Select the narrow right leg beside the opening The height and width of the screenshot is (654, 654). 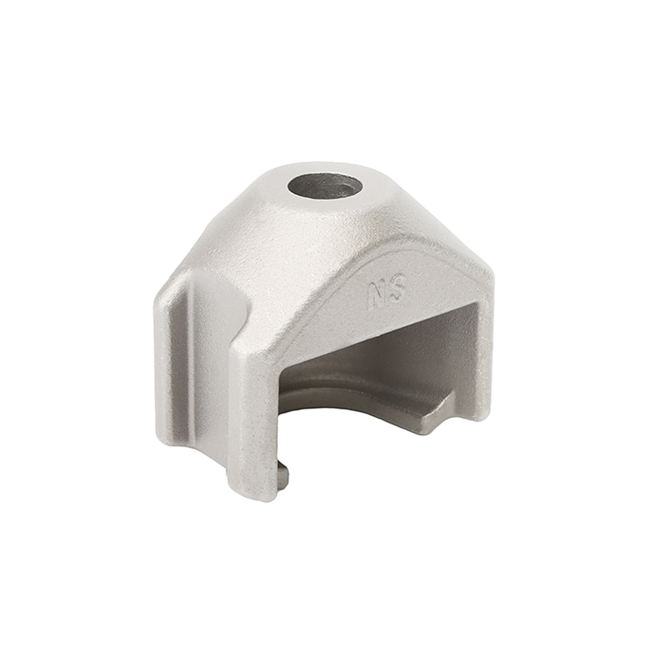[484, 355]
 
